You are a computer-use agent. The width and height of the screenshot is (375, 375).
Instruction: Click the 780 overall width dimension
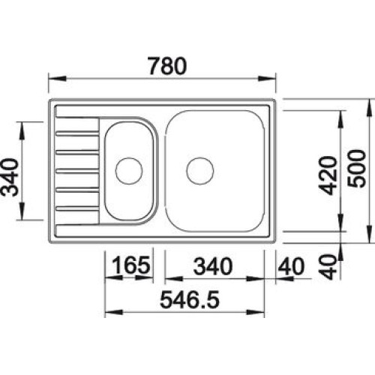(x=167, y=66)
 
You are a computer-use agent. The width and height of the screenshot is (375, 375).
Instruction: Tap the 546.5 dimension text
(x=190, y=299)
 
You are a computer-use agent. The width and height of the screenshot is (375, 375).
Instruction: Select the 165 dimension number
(x=131, y=265)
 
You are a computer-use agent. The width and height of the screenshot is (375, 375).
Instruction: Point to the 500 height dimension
(x=356, y=169)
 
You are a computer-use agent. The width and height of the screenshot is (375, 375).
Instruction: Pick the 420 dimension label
(x=328, y=175)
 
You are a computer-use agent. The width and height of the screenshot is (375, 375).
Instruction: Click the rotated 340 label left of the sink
(x=10, y=177)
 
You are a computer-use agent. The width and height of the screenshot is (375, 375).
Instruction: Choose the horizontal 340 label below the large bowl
(x=213, y=266)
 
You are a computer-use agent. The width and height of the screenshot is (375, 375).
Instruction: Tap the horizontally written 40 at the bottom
(x=291, y=266)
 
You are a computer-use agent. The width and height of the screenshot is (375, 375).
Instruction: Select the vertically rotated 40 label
(x=328, y=267)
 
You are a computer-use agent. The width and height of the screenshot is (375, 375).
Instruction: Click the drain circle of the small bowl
(x=129, y=171)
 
